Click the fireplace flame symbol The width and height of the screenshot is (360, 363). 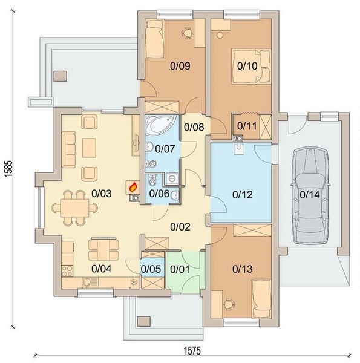pyautogui.click(x=133, y=187)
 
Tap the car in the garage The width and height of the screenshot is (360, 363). pyautogui.click(x=310, y=195)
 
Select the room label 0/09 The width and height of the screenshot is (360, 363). pyautogui.click(x=180, y=66)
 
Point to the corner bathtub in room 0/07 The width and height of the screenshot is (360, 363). pyautogui.click(x=162, y=126)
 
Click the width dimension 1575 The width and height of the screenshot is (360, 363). pyautogui.click(x=192, y=350)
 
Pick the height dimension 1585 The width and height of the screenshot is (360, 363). pyautogui.click(x=8, y=169)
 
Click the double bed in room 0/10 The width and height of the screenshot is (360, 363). pyautogui.click(x=251, y=66)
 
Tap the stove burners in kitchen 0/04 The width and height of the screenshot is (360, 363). pyautogui.click(x=67, y=271)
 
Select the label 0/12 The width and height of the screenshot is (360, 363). pyautogui.click(x=243, y=195)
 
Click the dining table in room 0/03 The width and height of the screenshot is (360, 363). pyautogui.click(x=75, y=208)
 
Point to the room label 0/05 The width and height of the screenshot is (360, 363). pyautogui.click(x=151, y=269)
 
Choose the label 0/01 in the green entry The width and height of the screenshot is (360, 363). pyautogui.click(x=180, y=269)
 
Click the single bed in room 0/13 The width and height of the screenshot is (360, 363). pyautogui.click(x=261, y=298)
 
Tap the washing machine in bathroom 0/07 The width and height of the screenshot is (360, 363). pyautogui.click(x=172, y=178)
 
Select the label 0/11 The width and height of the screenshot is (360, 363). pyautogui.click(x=247, y=126)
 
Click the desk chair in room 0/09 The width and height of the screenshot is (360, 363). pyautogui.click(x=186, y=32)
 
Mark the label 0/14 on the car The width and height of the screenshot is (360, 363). pyautogui.click(x=310, y=195)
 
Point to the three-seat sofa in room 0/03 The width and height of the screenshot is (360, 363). pyautogui.click(x=68, y=149)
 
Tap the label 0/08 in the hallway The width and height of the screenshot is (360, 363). pyautogui.click(x=194, y=127)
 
